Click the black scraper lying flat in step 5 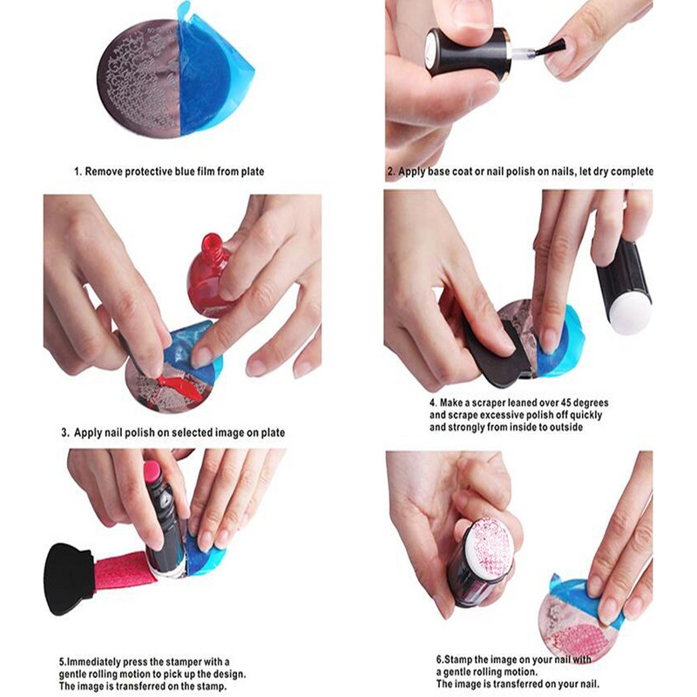69,565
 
